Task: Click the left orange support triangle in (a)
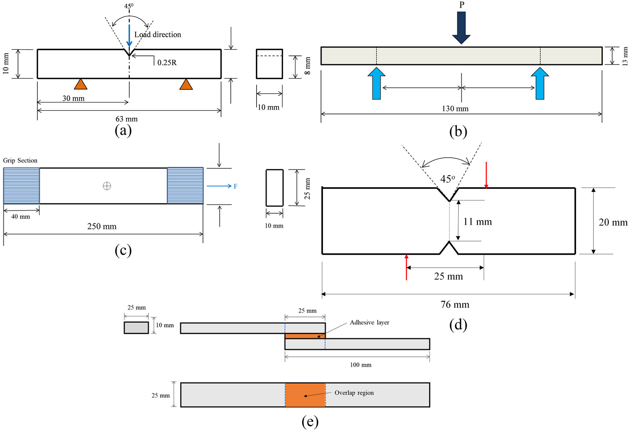pyautogui.click(x=81, y=85)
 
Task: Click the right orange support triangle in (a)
pyautogui.click(x=186, y=85)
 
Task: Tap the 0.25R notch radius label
pyautogui.click(x=167, y=63)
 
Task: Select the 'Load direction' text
pyautogui.click(x=158, y=34)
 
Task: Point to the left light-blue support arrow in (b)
pyautogui.click(x=376, y=83)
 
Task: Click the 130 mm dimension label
pyautogui.click(x=455, y=109)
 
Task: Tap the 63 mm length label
pyautogui.click(x=126, y=119)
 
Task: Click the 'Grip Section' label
pyautogui.click(x=20, y=160)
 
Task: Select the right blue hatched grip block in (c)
pyautogui.click(x=185, y=186)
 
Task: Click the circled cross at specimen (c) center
pyautogui.click(x=107, y=186)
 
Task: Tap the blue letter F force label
pyautogui.click(x=235, y=186)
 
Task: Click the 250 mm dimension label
pyautogui.click(x=102, y=226)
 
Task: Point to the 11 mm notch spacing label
pyautogui.click(x=477, y=222)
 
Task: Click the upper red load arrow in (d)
pyautogui.click(x=486, y=175)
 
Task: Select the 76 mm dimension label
pyautogui.click(x=455, y=305)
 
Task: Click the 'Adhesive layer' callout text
pyautogui.click(x=369, y=322)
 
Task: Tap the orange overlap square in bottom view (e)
pyautogui.click(x=305, y=395)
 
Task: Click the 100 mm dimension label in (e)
pyautogui.click(x=361, y=365)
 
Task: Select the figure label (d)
pyautogui.click(x=458, y=325)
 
